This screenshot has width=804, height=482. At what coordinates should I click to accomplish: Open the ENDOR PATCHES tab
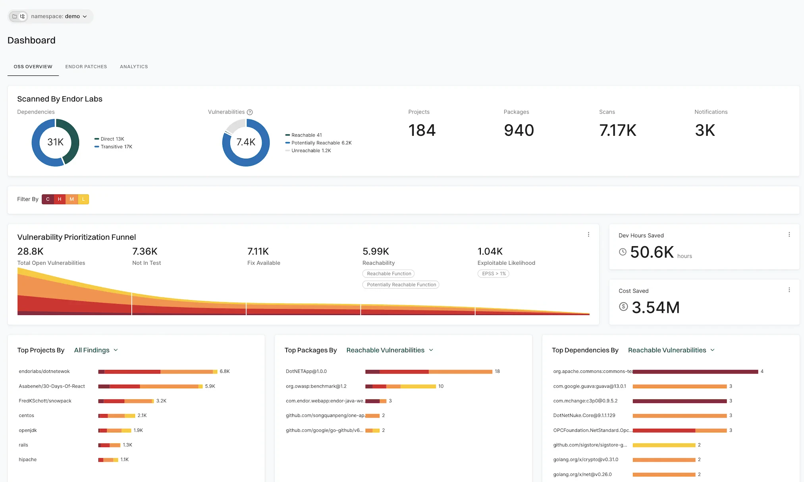[x=86, y=67]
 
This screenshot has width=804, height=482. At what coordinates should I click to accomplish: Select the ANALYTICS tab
[x=134, y=67]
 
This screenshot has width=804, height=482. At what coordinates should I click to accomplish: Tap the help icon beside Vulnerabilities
[x=250, y=112]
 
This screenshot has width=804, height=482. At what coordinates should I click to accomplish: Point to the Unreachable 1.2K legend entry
[x=311, y=150]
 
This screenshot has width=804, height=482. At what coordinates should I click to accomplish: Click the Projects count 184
[x=422, y=130]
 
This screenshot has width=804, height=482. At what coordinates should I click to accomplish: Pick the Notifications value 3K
[x=705, y=130]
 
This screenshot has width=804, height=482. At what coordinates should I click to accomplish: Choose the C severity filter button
[x=48, y=199]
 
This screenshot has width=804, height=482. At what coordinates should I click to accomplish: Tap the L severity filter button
[x=83, y=199]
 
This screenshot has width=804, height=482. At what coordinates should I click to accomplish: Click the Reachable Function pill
[x=389, y=274]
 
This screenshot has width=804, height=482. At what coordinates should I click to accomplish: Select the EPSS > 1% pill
[x=494, y=274]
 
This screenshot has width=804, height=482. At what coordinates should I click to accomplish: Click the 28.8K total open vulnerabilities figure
[x=31, y=251]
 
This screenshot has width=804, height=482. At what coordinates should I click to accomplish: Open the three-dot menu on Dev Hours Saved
[x=789, y=235]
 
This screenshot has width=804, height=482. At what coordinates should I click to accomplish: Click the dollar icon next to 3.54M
[x=623, y=307]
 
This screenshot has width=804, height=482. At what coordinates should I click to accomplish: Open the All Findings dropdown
[x=96, y=350]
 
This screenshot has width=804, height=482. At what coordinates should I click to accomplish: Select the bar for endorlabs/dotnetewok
[x=158, y=372]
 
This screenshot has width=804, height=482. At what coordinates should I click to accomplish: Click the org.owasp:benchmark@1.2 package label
[x=316, y=386]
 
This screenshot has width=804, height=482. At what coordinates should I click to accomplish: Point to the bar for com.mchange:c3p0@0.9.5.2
[x=679, y=401]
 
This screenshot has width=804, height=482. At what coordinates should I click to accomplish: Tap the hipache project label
[x=28, y=460]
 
